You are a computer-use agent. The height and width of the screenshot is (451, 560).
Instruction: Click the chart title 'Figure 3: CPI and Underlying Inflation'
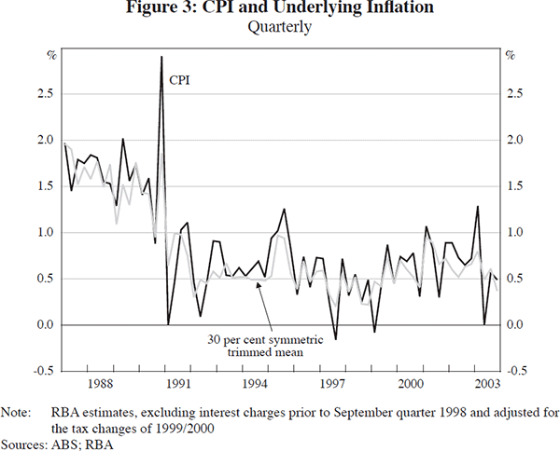(x=279, y=9)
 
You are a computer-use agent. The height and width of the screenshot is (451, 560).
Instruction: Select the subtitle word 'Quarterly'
(x=279, y=27)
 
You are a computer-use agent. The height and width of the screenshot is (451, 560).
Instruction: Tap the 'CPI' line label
(x=179, y=80)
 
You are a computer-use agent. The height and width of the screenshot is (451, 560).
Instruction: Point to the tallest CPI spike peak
(x=161, y=58)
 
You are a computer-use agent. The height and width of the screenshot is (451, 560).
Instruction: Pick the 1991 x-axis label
(x=178, y=383)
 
